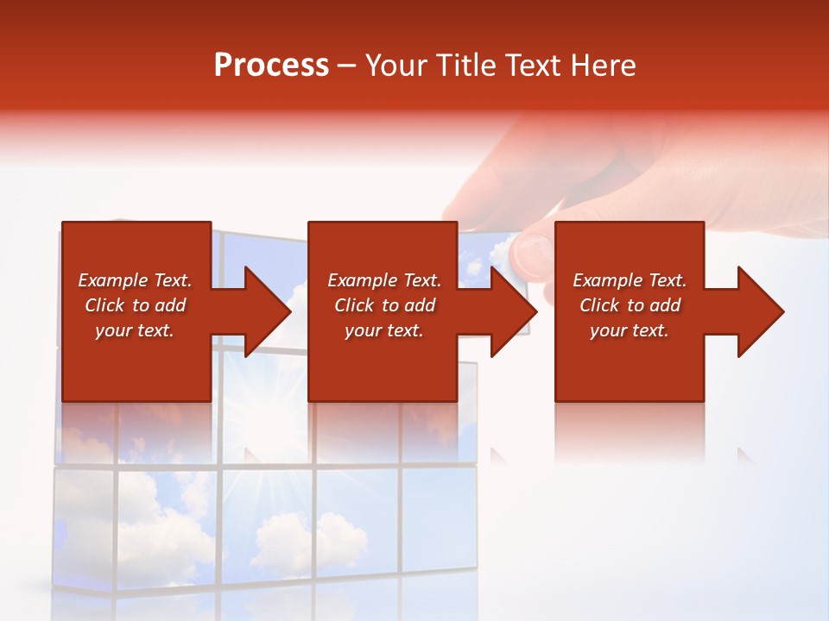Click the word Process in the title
[271, 66]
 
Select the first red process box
[136, 311]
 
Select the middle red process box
[383, 311]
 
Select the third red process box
[629, 311]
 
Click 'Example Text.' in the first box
[135, 280]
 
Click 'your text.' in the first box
[135, 330]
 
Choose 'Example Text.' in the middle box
[384, 280]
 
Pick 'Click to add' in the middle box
[384, 305]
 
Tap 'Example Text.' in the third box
[630, 280]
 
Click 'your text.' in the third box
[630, 330]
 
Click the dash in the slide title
[346, 66]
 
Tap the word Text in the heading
[534, 66]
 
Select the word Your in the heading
[397, 66]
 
